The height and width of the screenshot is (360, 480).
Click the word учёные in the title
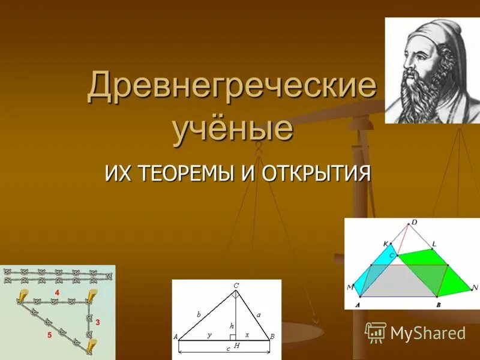coord(233,128)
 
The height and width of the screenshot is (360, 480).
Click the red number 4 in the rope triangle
coord(56,292)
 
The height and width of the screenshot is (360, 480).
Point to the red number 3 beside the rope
coord(98,322)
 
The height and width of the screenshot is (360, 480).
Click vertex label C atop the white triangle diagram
coord(236,286)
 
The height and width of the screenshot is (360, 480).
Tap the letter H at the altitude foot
coord(236,346)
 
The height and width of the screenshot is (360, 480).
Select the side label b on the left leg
coord(198,314)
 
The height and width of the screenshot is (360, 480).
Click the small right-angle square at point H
coord(232,337)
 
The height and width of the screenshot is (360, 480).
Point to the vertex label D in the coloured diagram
coord(413,223)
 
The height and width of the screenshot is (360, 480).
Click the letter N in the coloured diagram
coord(474,287)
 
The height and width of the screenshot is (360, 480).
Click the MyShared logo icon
coord(376,332)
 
